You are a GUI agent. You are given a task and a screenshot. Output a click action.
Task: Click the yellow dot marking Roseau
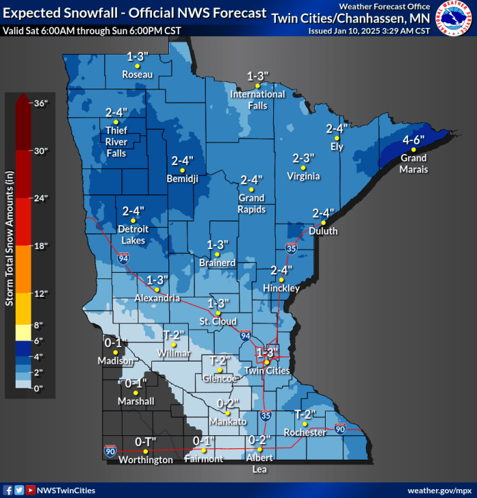[x=136, y=66]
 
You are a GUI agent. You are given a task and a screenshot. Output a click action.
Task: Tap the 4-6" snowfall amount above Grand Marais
[x=414, y=139]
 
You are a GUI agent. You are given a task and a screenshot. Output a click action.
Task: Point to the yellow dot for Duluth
[x=324, y=223]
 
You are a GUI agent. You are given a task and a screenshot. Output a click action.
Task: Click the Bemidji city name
[x=182, y=179]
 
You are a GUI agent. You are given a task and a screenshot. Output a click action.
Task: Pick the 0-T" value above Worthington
[x=144, y=442]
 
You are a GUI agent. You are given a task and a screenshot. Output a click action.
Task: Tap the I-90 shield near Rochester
[x=340, y=428]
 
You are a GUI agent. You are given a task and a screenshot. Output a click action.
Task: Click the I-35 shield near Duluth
[x=292, y=250]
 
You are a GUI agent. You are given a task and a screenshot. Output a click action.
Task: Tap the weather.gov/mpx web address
[x=439, y=490]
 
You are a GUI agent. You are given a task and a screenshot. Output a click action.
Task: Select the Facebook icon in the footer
[x=7, y=490]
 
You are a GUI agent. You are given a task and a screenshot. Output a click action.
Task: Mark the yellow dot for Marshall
[x=136, y=393]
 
